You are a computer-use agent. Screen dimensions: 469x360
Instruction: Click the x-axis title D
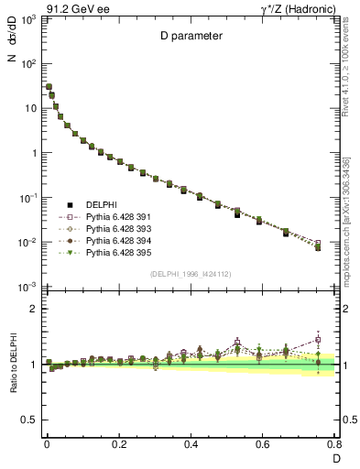(335, 457)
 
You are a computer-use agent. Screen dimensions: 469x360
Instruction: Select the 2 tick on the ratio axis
(33, 310)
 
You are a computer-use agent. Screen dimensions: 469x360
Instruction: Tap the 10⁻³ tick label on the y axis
(27, 288)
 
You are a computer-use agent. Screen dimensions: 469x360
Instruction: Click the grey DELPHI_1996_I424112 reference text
(190, 274)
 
